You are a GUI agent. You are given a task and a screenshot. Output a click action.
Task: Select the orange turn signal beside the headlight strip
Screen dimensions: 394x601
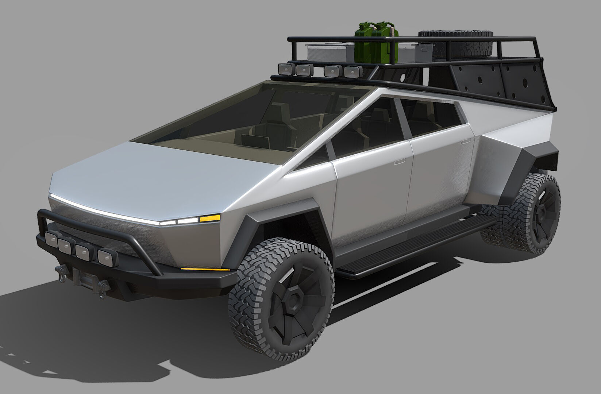tap(209, 218)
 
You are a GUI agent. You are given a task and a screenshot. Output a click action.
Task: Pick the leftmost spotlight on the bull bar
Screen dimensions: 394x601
tap(51, 240)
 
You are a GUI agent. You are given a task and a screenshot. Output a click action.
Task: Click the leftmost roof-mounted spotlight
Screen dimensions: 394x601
tap(284, 69)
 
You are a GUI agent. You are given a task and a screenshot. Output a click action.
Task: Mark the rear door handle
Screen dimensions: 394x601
tap(466, 140)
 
